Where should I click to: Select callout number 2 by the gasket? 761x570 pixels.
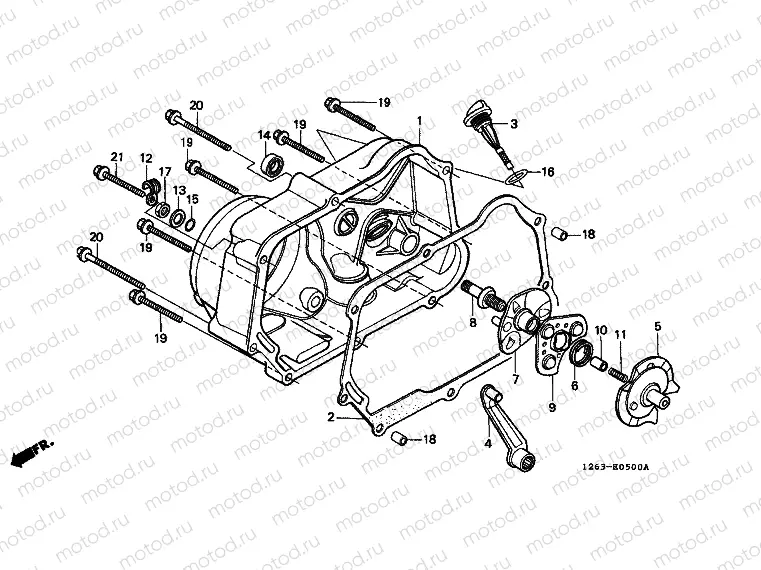[x=330, y=416]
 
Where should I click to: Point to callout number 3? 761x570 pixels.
[x=514, y=125]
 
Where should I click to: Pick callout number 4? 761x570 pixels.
[x=488, y=442]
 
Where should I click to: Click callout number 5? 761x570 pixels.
[x=657, y=326]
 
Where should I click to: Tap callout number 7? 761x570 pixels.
[x=516, y=380]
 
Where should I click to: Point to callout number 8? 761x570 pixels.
[x=473, y=322]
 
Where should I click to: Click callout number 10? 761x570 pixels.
[x=601, y=331]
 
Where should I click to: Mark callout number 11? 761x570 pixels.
[x=620, y=334]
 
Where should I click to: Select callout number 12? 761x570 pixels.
[x=146, y=159]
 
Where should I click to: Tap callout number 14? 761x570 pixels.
[x=265, y=135]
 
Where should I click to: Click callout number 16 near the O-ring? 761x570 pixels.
[x=548, y=172]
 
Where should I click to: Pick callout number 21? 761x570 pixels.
[x=116, y=158]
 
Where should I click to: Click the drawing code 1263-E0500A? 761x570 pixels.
[x=616, y=467]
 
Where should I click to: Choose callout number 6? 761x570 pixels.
[x=573, y=385]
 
